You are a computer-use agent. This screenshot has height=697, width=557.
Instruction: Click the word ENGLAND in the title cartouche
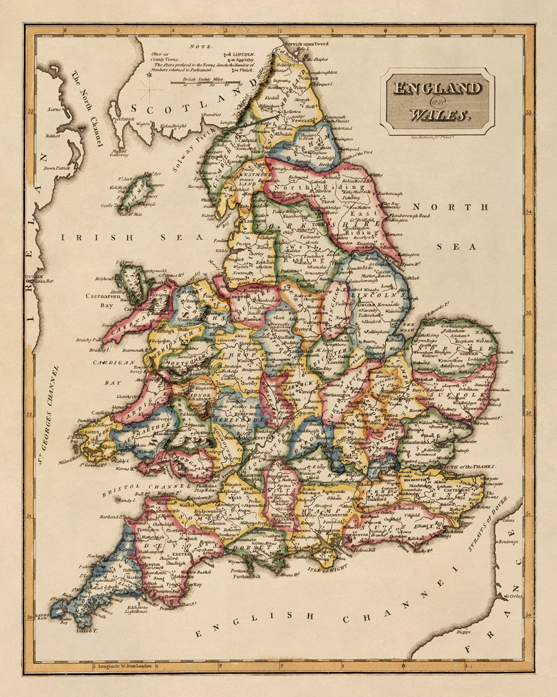tap(437, 88)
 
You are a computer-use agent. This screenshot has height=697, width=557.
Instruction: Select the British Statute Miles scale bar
tap(205, 83)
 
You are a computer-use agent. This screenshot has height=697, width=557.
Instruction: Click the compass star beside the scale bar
tap(150, 75)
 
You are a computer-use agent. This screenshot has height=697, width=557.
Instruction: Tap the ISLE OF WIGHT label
tap(327, 568)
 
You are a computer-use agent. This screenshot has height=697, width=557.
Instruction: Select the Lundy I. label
tap(128, 500)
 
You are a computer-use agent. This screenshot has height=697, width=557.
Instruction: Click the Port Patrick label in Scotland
tap(123, 119)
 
